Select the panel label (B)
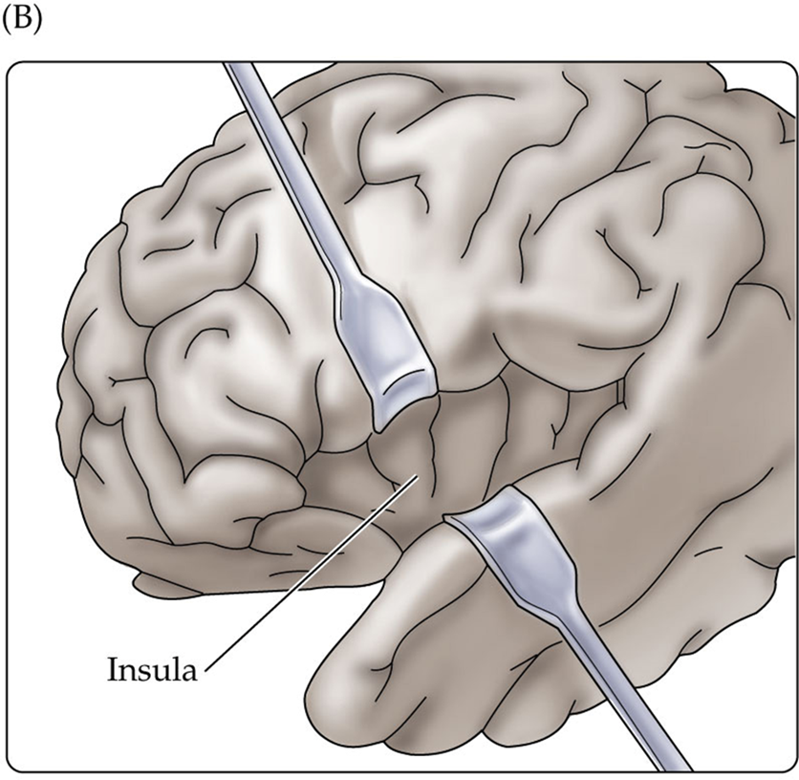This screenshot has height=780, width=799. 22,21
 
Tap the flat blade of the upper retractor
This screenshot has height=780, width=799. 393,358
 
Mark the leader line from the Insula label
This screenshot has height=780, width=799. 306,574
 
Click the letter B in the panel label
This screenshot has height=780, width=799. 22,21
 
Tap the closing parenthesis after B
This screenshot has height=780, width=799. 36,22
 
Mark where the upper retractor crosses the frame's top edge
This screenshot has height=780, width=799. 235,65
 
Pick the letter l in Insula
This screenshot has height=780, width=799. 173,667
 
